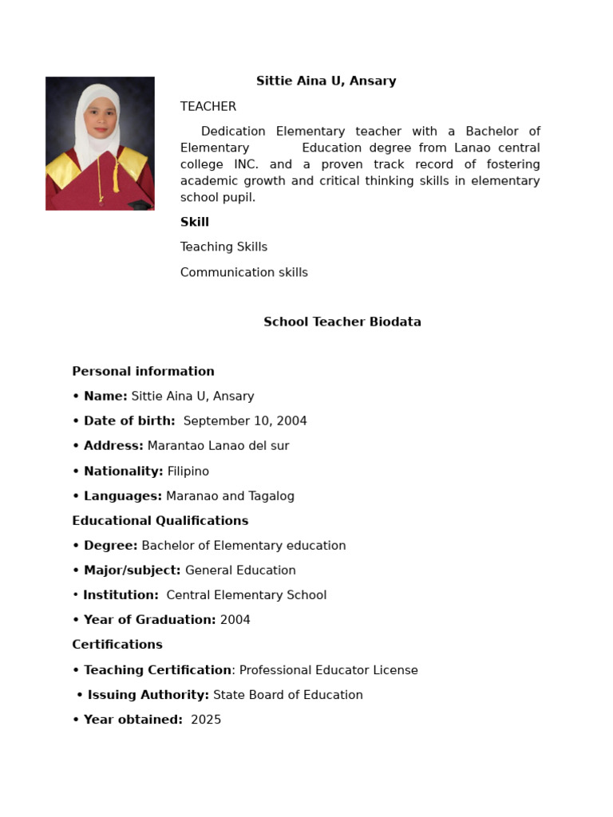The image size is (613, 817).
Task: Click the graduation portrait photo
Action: coord(100,144)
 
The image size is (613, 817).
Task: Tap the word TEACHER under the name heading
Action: coord(208,106)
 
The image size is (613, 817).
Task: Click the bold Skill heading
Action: coord(195,222)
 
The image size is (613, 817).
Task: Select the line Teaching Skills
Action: coord(223,247)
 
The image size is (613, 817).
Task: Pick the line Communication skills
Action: coord(243,272)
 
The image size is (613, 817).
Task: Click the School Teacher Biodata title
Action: coord(342,322)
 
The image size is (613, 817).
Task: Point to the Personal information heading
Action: coord(143,371)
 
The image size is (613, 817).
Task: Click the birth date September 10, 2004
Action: coord(245,420)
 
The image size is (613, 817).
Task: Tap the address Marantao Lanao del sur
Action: coord(218,445)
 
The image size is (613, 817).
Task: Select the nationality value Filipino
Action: coord(188,471)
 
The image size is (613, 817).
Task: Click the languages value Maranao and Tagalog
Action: coord(230,495)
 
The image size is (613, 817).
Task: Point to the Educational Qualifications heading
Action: coord(160,520)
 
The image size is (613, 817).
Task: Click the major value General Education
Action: coord(240,570)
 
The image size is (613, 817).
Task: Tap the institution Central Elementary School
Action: coord(246,595)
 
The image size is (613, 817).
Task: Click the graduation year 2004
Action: coord(235,620)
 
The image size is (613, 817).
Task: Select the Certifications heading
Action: coord(117,644)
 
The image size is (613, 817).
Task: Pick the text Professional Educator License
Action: coord(328,670)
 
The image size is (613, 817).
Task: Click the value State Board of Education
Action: coord(287,695)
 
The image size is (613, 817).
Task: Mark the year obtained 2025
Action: coord(206,720)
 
